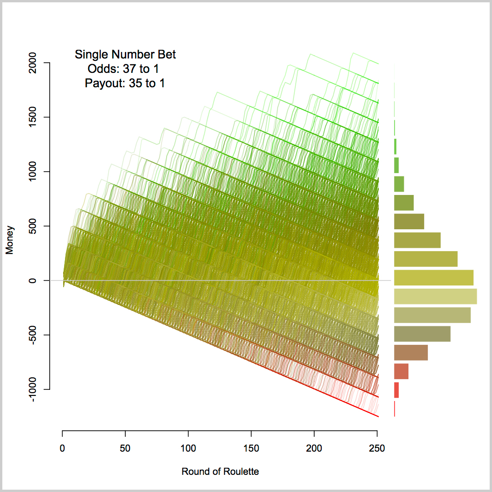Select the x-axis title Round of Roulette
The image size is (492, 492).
pyautogui.click(x=220, y=472)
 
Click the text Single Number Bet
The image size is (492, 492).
pyautogui.click(x=125, y=55)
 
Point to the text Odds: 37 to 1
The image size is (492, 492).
pyautogui.click(x=125, y=69)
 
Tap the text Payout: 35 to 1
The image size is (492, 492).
pyautogui.click(x=125, y=84)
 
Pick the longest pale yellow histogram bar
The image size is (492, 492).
pyautogui.click(x=435, y=296)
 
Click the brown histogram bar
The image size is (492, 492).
pyautogui.click(x=411, y=353)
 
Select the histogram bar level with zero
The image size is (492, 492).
pyautogui.click(x=434, y=278)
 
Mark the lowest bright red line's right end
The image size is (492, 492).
pyautogui.click(x=378, y=416)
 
